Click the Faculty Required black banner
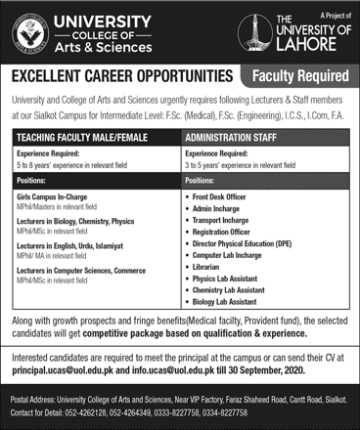pos(297,75)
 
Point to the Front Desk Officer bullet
pos(231,196)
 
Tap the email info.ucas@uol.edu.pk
pos(182,371)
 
